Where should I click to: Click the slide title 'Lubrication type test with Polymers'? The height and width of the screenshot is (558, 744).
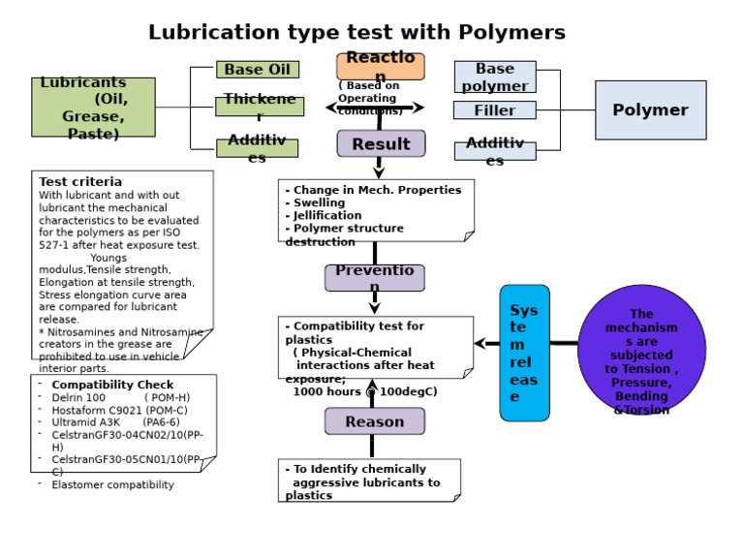[x=356, y=33]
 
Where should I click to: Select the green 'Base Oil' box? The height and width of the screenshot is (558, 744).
[x=257, y=70]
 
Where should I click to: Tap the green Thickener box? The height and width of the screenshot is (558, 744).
[x=259, y=107]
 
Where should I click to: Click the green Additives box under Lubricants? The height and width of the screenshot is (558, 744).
[x=257, y=148]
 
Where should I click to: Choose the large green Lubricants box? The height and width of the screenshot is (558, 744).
[x=93, y=107]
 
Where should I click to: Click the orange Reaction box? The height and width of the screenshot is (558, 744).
[x=380, y=66]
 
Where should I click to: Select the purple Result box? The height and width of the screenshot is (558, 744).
[x=381, y=143]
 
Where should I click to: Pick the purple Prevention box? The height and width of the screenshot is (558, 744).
[x=374, y=277]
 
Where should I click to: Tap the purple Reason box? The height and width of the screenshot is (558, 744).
[x=374, y=421]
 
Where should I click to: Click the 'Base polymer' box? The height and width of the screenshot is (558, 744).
[x=494, y=77]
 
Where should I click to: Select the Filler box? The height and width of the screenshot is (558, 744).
[x=494, y=110]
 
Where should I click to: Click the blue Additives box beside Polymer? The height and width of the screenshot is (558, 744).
[x=494, y=151]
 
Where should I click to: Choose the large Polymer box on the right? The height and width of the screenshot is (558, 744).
[x=650, y=110]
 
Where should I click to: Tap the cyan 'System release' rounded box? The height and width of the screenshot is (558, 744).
[x=524, y=353]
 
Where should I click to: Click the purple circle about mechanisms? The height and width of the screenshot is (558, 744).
[x=641, y=349]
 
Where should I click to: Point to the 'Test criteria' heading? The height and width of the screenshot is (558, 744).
[x=80, y=181]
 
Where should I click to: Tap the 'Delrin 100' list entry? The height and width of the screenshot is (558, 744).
[x=79, y=397]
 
